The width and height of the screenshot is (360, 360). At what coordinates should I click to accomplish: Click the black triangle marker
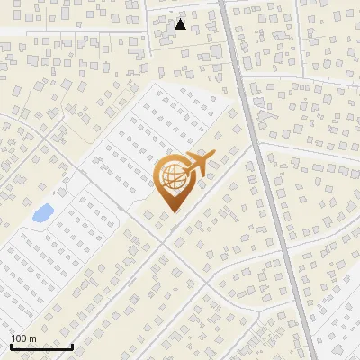[x=180, y=24]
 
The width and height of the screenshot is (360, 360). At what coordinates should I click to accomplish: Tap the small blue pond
[x=41, y=214]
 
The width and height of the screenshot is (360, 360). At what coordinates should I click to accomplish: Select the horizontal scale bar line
[x=41, y=346]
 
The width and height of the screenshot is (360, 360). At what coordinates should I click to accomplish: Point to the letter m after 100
[x=32, y=338]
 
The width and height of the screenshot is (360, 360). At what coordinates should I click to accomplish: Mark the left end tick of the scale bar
[x=11, y=345]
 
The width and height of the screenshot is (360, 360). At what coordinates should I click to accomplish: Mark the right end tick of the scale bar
[x=72, y=345]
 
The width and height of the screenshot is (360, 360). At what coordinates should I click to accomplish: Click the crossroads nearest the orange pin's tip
[x=164, y=240]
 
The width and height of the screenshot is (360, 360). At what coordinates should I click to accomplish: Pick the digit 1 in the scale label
[x=14, y=338]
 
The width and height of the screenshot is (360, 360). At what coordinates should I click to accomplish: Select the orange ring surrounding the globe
[x=157, y=179]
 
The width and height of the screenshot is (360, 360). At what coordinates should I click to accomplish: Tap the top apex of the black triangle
[x=180, y=19]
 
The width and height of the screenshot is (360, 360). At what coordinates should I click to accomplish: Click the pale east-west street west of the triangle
[x=72, y=33]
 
